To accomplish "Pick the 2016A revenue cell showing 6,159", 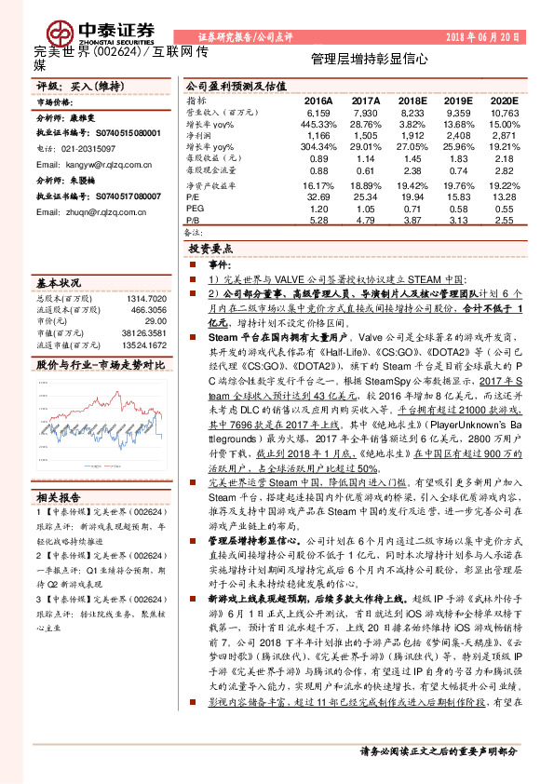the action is (x=318, y=111).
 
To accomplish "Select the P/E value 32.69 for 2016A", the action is (x=318, y=197).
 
